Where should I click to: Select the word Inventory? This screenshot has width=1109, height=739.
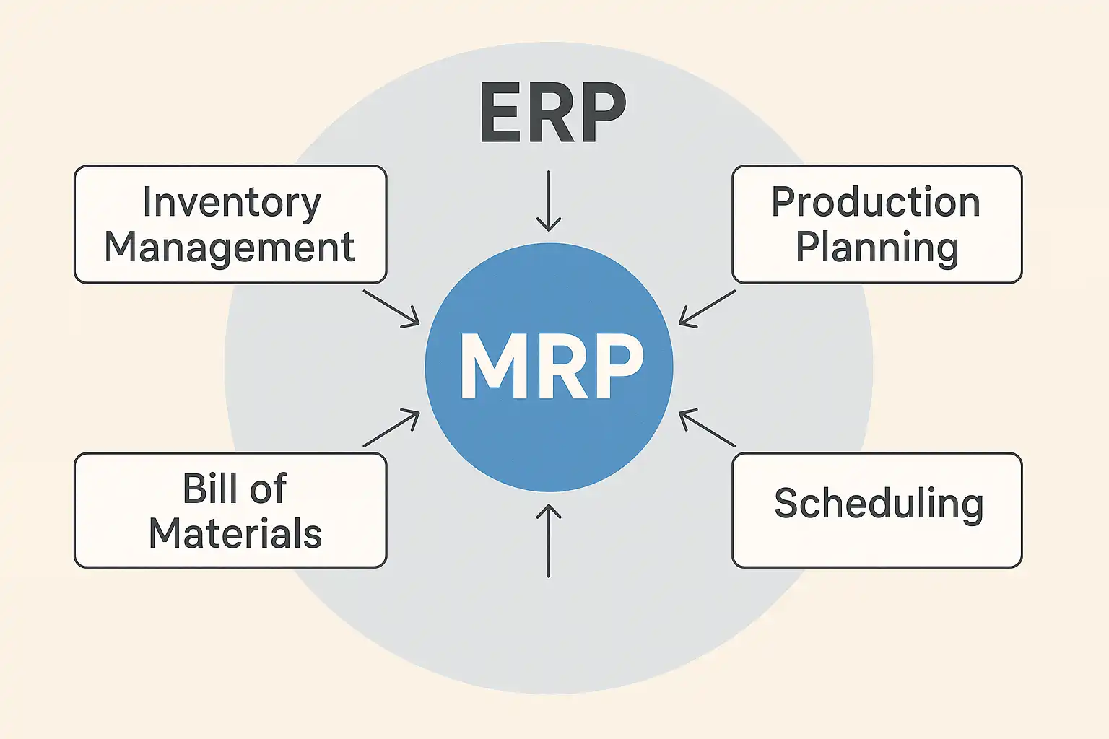[x=231, y=203]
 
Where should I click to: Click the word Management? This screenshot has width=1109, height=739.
[x=230, y=248]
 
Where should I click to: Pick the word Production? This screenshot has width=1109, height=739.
[x=876, y=202]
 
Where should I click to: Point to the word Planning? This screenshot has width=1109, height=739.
[x=877, y=248]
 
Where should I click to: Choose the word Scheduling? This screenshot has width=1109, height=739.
[x=879, y=504]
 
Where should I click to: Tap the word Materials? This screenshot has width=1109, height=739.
[x=235, y=533]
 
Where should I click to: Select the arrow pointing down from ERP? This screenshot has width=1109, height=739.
[x=549, y=202]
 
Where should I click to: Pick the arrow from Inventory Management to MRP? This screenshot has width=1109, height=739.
[x=391, y=308]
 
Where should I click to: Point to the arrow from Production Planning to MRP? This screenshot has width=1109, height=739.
[x=707, y=308]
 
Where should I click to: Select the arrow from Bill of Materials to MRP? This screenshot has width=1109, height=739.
[x=391, y=429]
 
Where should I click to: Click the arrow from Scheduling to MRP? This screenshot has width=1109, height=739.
[x=707, y=429]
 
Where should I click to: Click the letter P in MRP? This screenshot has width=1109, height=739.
[x=617, y=367]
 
